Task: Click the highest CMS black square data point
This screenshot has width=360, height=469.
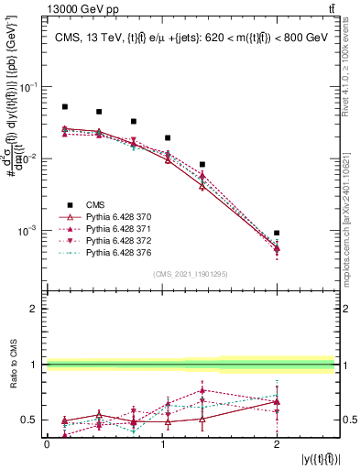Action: click(64, 107)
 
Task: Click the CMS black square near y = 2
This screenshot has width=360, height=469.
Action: click(277, 234)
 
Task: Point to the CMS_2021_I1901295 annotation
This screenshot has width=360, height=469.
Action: click(191, 274)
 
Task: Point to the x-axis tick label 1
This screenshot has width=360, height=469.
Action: click(162, 444)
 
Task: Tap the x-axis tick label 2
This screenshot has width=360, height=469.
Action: click(277, 444)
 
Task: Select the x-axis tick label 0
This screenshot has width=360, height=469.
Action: click(47, 444)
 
